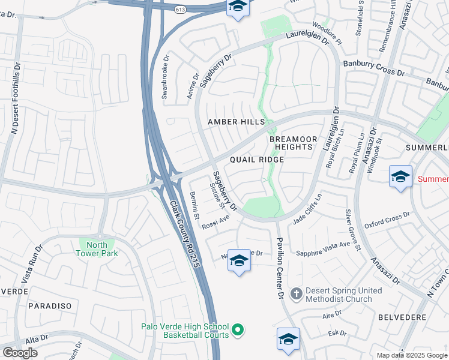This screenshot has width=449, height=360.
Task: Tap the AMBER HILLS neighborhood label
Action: tap(236, 122)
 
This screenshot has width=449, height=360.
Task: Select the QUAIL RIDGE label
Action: tap(256, 160)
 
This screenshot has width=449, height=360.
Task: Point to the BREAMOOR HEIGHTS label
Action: tap(291, 143)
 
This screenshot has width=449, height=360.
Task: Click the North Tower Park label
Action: tap(97, 248)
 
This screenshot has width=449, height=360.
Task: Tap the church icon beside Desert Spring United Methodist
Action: tap(296, 294)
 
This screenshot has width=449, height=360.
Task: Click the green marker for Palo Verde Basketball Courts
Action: tap(238, 330)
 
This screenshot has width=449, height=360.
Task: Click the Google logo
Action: tap(20, 352)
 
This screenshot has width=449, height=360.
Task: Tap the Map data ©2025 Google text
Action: tap(412, 355)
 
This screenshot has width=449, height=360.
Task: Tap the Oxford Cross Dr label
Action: tap(387, 217)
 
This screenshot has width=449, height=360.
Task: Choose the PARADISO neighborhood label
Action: tap(50, 306)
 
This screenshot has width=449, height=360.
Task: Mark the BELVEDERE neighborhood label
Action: tap(402, 317)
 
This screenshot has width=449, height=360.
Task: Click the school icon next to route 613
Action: tap(238, 7)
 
